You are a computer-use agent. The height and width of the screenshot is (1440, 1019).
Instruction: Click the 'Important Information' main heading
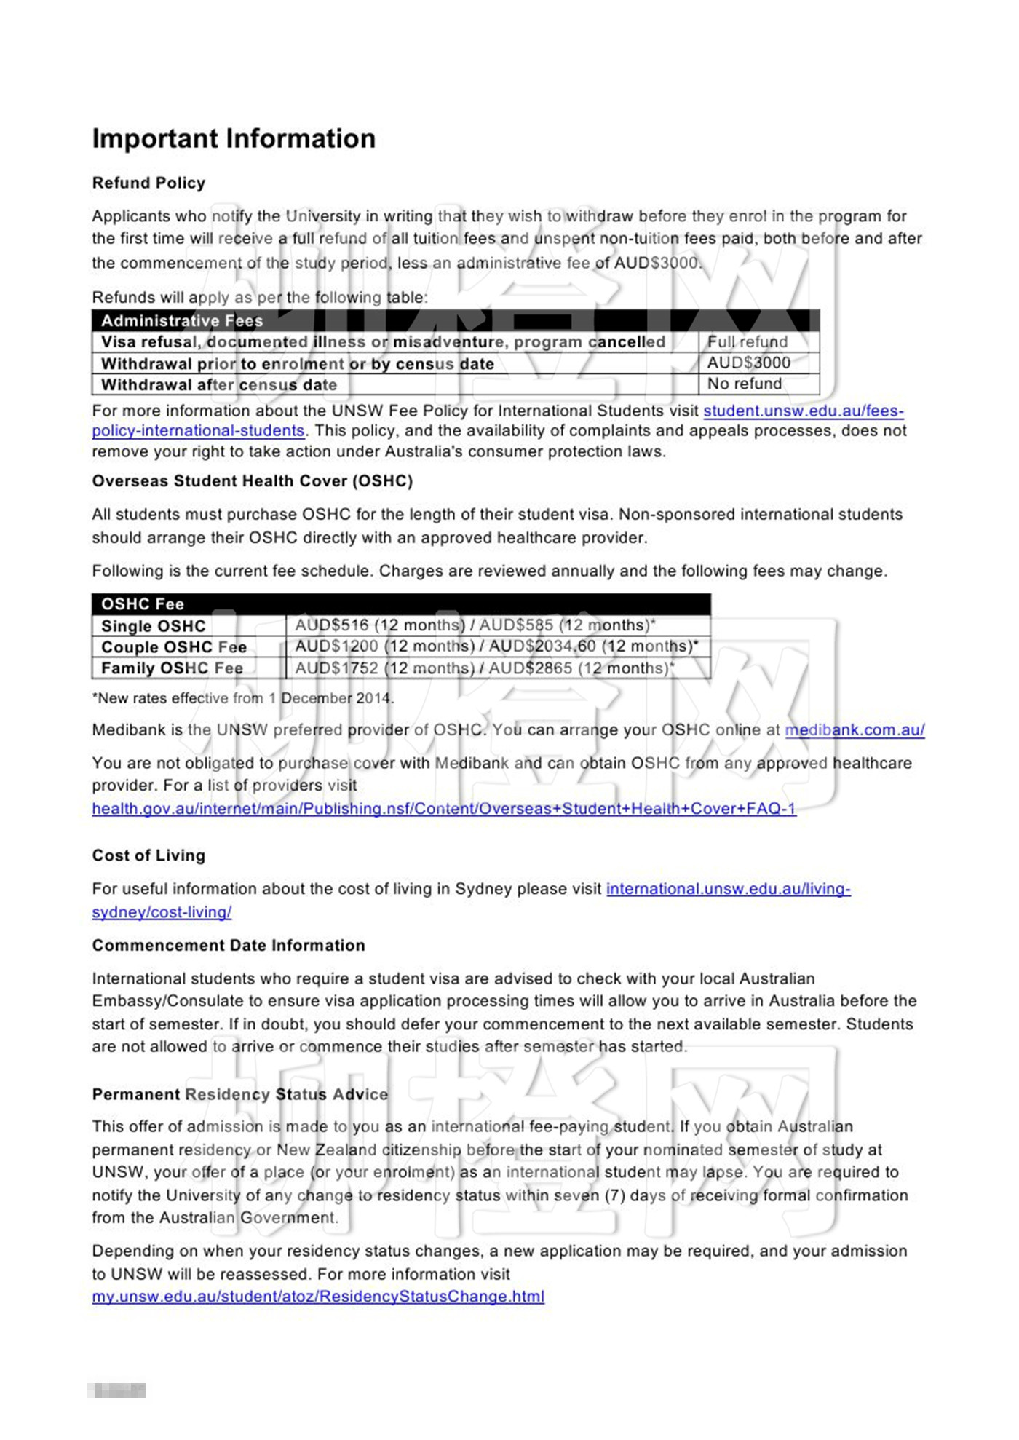(234, 138)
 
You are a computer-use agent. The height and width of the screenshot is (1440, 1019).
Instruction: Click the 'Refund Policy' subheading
(148, 183)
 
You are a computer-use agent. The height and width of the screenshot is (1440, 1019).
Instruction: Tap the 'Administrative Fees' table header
(182, 320)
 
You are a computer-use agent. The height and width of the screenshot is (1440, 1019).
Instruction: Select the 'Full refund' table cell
(748, 341)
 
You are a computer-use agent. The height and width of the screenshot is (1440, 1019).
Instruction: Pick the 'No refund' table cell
(745, 384)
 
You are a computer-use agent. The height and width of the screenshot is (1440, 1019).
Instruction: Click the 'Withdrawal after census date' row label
(219, 384)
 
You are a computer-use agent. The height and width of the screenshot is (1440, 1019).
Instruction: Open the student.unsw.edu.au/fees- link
(804, 411)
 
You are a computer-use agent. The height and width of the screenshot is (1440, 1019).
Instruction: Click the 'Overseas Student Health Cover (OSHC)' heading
(252, 480)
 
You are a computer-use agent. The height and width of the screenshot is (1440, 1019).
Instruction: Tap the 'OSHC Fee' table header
(143, 604)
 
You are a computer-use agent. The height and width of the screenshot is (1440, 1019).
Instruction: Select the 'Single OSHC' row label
(154, 626)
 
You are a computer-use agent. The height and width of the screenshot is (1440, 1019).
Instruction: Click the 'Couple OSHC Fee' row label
(174, 647)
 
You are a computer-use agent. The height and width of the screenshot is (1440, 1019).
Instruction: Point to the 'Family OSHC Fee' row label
(172, 668)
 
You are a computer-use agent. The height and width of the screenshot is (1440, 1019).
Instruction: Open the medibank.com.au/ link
(855, 729)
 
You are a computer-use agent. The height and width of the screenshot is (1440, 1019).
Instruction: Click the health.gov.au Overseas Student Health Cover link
(444, 808)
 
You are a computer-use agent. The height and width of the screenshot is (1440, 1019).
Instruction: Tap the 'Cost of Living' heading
(148, 855)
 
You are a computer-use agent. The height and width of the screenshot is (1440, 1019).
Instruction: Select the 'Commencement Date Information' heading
(229, 945)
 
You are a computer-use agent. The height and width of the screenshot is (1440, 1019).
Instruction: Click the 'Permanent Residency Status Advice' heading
(240, 1094)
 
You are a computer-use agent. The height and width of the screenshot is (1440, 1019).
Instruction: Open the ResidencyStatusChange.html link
(318, 1297)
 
